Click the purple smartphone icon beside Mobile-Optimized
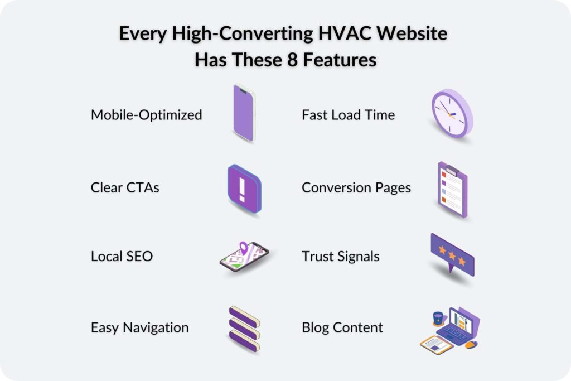tap(244, 113)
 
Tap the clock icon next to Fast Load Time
tap(451, 113)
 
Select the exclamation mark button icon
tap(244, 189)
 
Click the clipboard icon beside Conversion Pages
tap(452, 190)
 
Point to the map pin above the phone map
tap(243, 247)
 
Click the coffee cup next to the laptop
tap(438, 318)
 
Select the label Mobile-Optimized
tap(146, 115)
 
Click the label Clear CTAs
tap(125, 187)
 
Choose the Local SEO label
tap(122, 256)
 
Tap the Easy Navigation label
tap(139, 327)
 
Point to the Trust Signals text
tap(340, 256)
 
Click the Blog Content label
tap(342, 327)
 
